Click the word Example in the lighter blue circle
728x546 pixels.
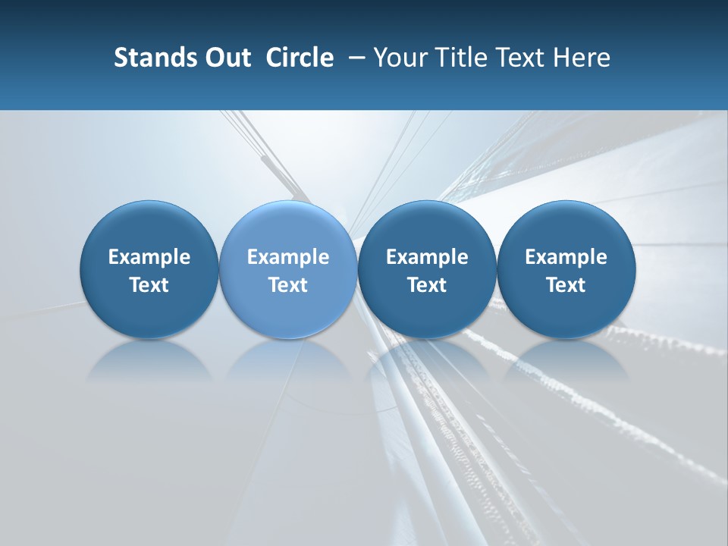pyautogui.click(x=288, y=257)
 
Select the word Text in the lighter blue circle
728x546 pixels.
pyautogui.click(x=288, y=285)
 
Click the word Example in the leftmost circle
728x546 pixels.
pyautogui.click(x=149, y=257)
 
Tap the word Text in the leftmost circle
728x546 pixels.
pyautogui.click(x=149, y=285)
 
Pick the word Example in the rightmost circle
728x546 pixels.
pyautogui.click(x=566, y=257)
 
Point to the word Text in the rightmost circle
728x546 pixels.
pyautogui.click(x=566, y=285)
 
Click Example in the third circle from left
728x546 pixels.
pyautogui.click(x=427, y=257)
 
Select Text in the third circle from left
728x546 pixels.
pyautogui.click(x=427, y=285)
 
